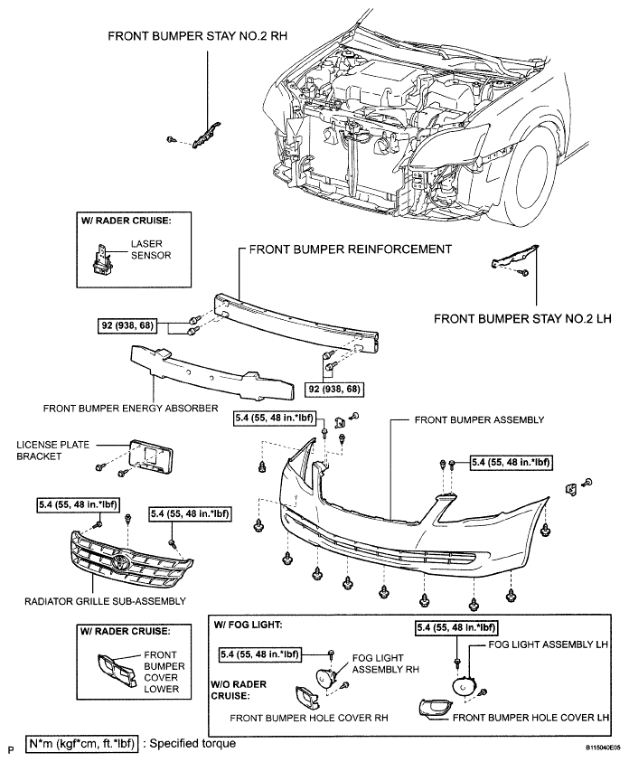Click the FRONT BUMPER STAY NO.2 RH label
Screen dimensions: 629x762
click(x=197, y=36)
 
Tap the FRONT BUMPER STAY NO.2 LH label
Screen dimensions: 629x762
click(x=522, y=319)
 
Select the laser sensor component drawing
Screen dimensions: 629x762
click(x=100, y=257)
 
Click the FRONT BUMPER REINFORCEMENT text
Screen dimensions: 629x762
click(x=351, y=249)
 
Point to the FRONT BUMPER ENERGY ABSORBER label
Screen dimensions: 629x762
click(x=131, y=409)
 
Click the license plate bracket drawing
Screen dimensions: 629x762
click(x=151, y=456)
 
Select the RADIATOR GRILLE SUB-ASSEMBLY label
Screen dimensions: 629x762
click(x=105, y=601)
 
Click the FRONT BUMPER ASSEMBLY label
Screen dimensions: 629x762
click(x=479, y=420)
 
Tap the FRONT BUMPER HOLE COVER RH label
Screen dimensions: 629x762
click(x=309, y=718)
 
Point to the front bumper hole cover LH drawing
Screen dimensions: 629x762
click(x=434, y=708)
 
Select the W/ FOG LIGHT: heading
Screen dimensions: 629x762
click(x=248, y=625)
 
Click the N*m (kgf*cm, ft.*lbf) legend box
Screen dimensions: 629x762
click(x=82, y=744)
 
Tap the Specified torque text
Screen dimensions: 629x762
click(x=192, y=744)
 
